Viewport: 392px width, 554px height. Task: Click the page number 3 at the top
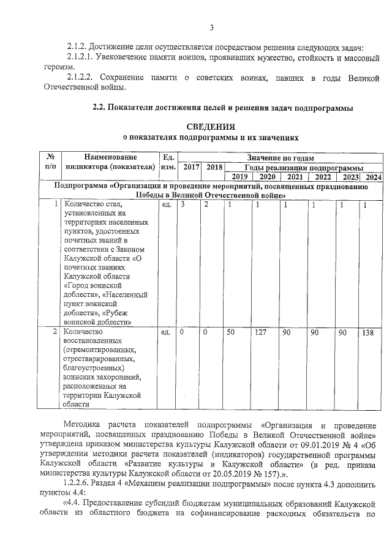(211, 28)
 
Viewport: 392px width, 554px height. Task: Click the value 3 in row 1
(183, 204)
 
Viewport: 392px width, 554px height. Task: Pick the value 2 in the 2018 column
(206, 204)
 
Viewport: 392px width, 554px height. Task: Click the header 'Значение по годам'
(281, 157)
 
